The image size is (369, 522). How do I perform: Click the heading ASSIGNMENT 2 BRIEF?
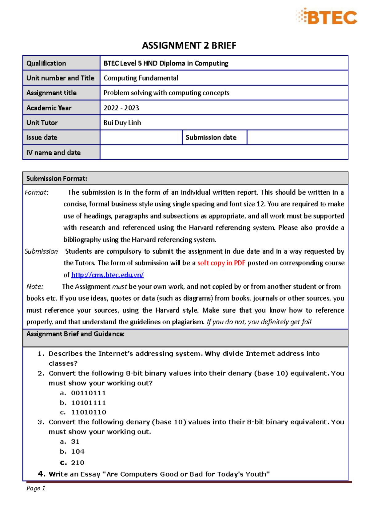(x=189, y=45)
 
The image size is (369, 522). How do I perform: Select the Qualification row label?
(x=46, y=63)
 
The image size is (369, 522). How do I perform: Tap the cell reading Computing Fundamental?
(x=141, y=78)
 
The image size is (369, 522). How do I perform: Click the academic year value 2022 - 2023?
(x=121, y=108)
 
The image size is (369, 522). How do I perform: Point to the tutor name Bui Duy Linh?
(x=122, y=123)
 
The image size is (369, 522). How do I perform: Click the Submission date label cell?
(x=211, y=137)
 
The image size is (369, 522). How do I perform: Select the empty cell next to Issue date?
(x=141, y=137)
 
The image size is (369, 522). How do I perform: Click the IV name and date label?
(x=54, y=152)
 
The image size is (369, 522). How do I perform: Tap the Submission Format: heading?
(x=57, y=179)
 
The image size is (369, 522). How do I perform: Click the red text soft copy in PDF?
(x=221, y=263)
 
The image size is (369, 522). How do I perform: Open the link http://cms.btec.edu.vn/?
(x=107, y=275)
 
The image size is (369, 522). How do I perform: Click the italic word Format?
(x=37, y=192)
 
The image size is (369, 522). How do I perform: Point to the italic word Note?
(x=35, y=287)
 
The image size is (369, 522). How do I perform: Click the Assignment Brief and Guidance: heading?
(x=75, y=334)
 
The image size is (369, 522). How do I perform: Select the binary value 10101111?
(x=88, y=403)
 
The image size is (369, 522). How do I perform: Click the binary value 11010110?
(x=89, y=412)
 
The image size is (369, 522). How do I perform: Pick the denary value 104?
(x=77, y=452)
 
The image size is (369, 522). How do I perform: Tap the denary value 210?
(x=77, y=463)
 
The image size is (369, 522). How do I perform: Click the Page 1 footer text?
(x=36, y=488)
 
